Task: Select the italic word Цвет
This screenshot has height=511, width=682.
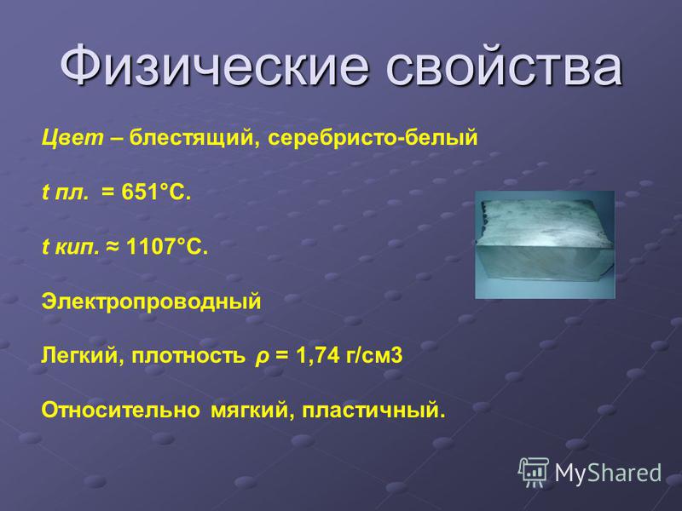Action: pos(72,138)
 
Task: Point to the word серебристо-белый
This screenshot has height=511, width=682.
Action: pos(373,139)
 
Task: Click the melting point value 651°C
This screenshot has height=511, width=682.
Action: pos(156,192)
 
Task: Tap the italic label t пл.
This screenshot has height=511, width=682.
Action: pos(65,192)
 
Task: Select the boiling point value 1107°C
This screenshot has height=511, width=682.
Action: pos(167,246)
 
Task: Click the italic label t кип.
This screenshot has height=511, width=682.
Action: pos(70,247)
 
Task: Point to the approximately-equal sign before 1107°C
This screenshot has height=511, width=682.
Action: pos(113,247)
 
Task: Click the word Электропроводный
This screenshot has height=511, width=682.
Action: pos(151,302)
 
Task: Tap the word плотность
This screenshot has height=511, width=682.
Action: pos(188,356)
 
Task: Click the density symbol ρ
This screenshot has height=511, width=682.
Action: pos(261,357)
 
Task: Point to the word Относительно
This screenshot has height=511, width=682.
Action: pos(120,411)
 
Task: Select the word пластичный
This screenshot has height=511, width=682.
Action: pos(373,411)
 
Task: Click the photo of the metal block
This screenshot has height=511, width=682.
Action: pos(545,244)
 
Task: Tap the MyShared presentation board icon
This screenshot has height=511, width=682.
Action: pos(534,473)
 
